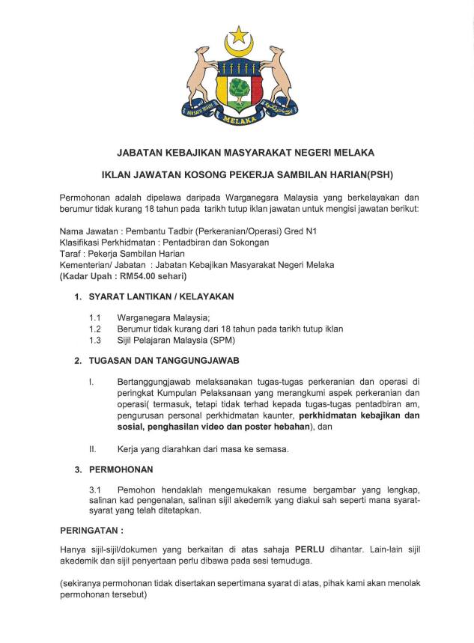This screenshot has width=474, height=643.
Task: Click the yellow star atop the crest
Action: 239,34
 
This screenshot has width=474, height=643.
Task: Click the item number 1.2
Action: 95,329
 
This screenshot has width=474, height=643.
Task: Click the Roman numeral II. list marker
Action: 93,449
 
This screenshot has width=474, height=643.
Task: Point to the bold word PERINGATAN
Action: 91,530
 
